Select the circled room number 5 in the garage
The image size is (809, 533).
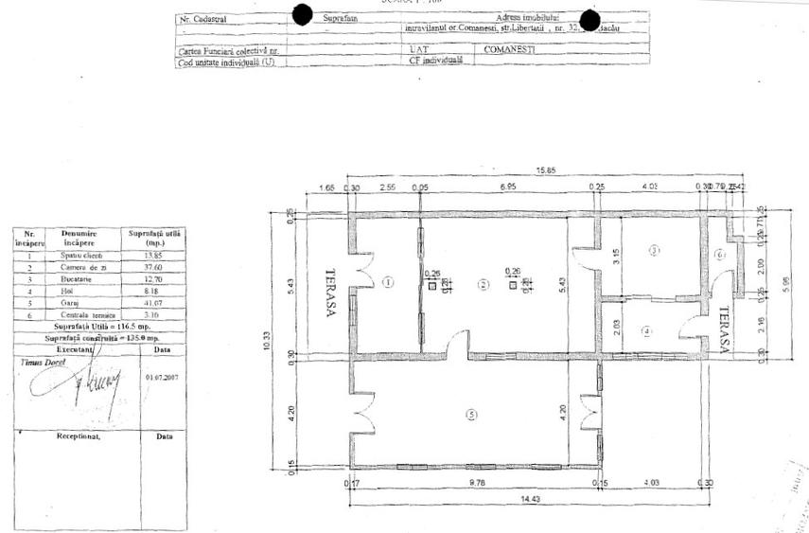point(471,412)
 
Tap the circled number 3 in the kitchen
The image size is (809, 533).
point(654,250)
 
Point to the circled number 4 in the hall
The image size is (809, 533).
point(647,330)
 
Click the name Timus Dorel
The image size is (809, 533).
point(40,363)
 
